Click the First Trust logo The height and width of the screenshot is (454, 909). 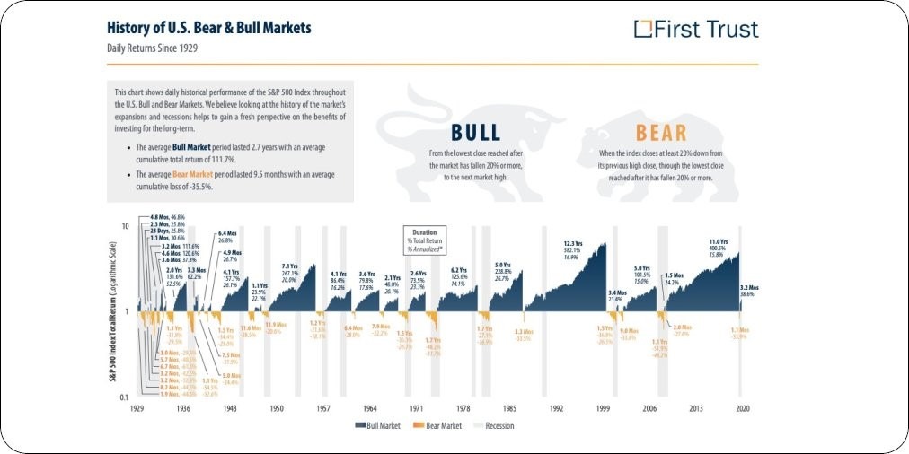tap(696, 29)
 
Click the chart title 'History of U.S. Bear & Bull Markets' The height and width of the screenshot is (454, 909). tap(209, 28)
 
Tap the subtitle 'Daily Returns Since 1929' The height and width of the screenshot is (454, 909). tap(152, 48)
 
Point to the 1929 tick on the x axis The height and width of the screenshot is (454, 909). tap(137, 407)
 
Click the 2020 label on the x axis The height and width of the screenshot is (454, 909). tap(743, 407)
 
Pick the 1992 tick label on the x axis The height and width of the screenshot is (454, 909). tap(557, 407)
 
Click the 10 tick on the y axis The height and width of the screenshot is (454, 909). tap(127, 225)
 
